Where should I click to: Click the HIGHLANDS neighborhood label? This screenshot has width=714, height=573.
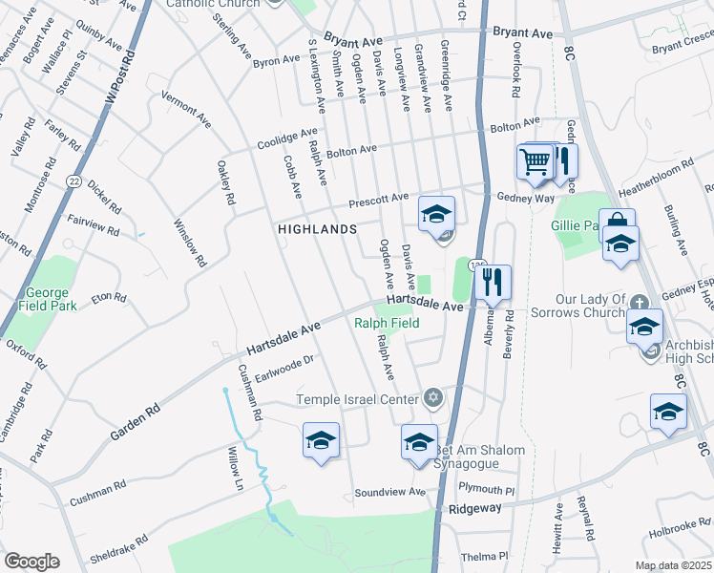click(x=317, y=229)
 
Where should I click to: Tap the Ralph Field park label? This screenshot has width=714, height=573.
click(x=387, y=323)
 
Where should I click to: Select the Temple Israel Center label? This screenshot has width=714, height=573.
click(x=358, y=399)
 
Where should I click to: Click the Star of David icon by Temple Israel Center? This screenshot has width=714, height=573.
click(x=432, y=396)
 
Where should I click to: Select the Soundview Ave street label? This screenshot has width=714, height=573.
click(x=389, y=492)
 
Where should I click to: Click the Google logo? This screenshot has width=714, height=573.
click(x=31, y=562)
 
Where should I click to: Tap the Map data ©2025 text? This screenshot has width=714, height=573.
click(x=672, y=565)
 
